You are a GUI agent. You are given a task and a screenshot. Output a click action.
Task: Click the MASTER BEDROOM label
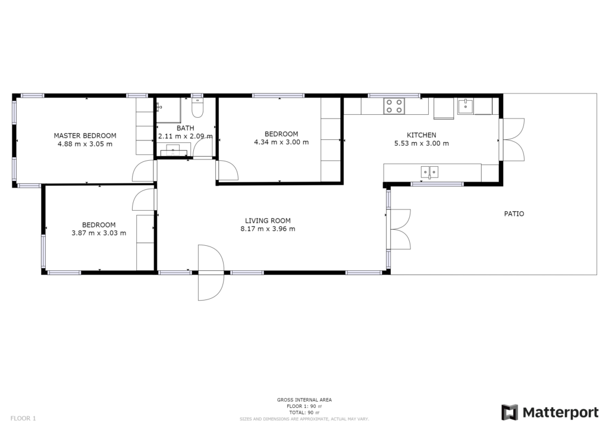85,136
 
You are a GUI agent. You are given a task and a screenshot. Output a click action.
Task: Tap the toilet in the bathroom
197,107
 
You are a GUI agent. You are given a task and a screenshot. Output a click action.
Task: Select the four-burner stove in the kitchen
394,106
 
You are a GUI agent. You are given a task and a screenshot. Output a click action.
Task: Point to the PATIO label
514,214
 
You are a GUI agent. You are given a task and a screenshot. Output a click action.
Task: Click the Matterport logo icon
510,413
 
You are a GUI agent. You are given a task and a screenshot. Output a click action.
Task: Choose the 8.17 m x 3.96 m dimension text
268,229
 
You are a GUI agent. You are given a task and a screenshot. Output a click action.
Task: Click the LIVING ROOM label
268,221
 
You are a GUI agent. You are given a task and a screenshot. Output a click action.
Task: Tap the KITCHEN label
422,135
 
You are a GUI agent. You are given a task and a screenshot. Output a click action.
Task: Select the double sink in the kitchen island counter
429,172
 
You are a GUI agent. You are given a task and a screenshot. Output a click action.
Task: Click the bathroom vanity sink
174,150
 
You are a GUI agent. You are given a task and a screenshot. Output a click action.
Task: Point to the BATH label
186,128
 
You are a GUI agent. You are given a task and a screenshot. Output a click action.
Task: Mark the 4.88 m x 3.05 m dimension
85,144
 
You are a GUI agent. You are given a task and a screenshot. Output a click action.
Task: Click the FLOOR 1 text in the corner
23,418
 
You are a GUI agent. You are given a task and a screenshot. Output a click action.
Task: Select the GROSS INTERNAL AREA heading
304,400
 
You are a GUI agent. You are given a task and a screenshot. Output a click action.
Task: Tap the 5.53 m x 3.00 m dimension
422,143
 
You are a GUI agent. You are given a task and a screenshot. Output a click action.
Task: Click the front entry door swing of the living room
211,273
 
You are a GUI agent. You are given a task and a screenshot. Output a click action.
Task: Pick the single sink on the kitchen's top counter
465,106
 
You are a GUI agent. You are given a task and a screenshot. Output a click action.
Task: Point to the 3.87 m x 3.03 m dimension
99,233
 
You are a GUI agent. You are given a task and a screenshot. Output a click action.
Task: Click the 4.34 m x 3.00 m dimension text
281,142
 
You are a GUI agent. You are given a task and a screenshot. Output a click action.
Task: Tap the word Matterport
561,413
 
